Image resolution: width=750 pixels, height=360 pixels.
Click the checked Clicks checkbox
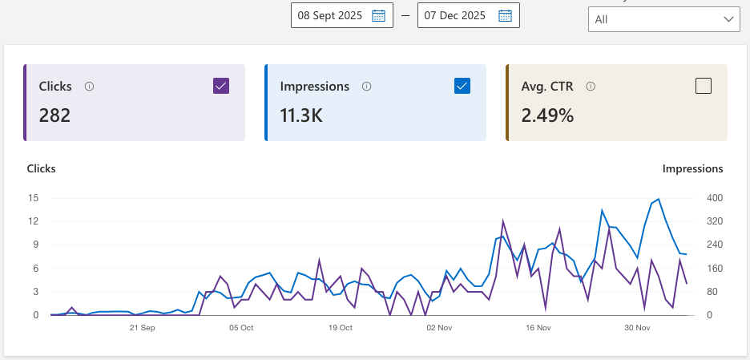222,86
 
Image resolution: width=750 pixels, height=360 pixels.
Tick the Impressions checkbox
462,86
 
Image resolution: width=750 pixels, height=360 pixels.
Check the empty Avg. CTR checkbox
704,86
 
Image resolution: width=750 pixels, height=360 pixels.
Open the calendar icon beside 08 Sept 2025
379,15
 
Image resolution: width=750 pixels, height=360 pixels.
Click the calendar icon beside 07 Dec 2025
505,15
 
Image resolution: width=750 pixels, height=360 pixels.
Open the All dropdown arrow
728,18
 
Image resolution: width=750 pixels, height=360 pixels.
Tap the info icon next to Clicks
89,87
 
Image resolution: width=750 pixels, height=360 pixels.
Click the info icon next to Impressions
366,87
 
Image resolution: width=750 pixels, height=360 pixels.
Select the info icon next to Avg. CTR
591,87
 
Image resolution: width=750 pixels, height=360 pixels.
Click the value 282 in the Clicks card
54,115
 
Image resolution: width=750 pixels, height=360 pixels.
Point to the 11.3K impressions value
301,115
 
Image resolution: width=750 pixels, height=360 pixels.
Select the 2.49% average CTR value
547,115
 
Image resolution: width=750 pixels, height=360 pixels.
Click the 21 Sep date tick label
142,328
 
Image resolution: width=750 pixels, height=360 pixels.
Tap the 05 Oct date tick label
241,328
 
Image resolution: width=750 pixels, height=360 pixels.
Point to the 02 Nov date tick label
440,328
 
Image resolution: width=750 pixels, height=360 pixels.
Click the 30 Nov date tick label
638,328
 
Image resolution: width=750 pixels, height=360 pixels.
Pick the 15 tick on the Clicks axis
33,198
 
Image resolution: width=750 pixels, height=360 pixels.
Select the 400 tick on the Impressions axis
713,198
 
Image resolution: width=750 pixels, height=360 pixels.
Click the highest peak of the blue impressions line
659,199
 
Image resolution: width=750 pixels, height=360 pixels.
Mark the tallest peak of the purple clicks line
503,221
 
